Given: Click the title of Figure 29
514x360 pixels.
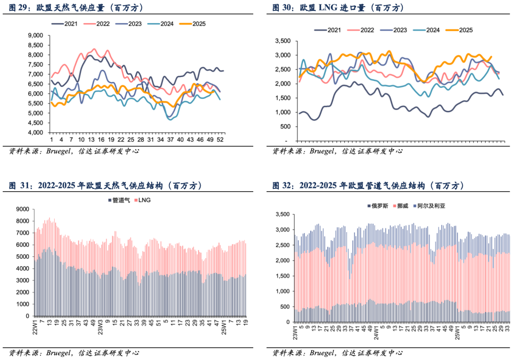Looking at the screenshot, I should (x=76, y=8).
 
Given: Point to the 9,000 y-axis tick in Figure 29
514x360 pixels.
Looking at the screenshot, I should (x=36, y=35).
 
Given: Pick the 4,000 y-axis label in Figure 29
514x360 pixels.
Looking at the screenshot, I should (x=36, y=133).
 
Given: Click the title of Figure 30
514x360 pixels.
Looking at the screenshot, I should (x=338, y=8).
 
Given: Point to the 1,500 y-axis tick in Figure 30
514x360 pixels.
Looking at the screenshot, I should (x=284, y=98).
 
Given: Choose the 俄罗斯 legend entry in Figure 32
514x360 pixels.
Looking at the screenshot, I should (x=378, y=206).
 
